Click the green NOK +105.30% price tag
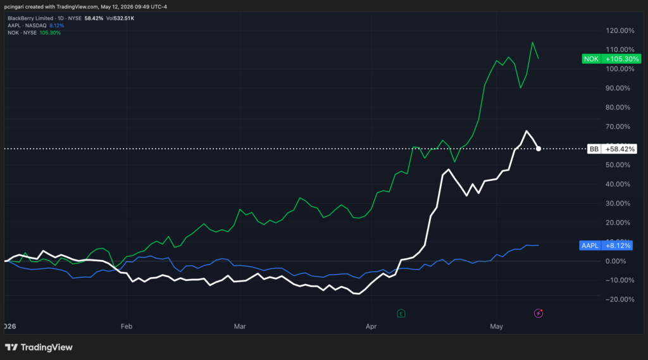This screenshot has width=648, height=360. tap(611, 59)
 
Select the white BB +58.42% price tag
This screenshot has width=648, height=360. tap(612, 149)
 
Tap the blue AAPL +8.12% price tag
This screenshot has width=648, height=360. tap(606, 245)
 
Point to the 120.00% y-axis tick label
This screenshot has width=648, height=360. tap(620, 30)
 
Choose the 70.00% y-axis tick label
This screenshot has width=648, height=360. tap(618, 127)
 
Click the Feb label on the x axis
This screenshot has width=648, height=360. tap(127, 326)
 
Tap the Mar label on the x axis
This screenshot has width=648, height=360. tap(240, 326)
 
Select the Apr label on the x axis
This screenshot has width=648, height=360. tap(371, 326)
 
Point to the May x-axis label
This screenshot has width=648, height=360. tap(496, 326)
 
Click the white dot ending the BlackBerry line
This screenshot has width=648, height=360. tap(539, 149)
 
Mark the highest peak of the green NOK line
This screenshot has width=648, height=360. tap(532, 42)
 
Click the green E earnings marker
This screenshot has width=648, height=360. tap(401, 314)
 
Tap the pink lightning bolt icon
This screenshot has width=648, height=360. tap(539, 313)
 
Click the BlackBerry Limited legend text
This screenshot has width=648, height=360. tap(30, 18)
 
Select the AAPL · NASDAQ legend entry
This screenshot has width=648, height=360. tap(27, 26)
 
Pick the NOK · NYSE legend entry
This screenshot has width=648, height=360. tap(22, 33)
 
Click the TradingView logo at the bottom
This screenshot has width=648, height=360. tap(39, 347)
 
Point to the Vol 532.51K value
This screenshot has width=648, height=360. tap(120, 18)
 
